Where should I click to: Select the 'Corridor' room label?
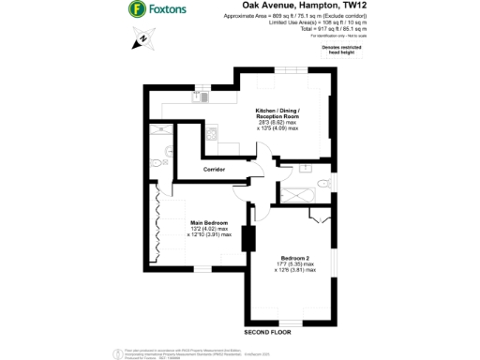click(x=217, y=170)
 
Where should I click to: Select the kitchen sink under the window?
click(x=201, y=96)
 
